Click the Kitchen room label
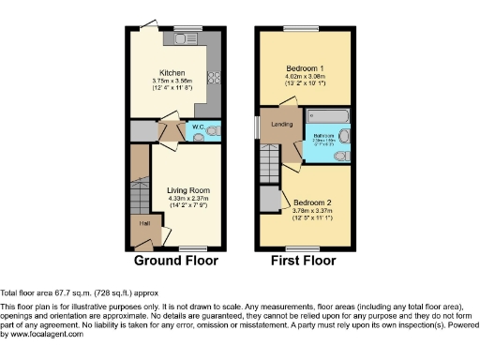pyautogui.click(x=171, y=73)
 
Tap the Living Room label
pyautogui.click(x=177, y=190)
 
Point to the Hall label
pyautogui.click(x=145, y=223)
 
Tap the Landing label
pyautogui.click(x=280, y=123)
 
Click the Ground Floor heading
pyautogui.click(x=175, y=261)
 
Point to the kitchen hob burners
pyautogui.click(x=212, y=77)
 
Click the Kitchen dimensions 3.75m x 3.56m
pyautogui.click(x=171, y=82)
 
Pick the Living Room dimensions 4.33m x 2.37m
pyautogui.click(x=177, y=199)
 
